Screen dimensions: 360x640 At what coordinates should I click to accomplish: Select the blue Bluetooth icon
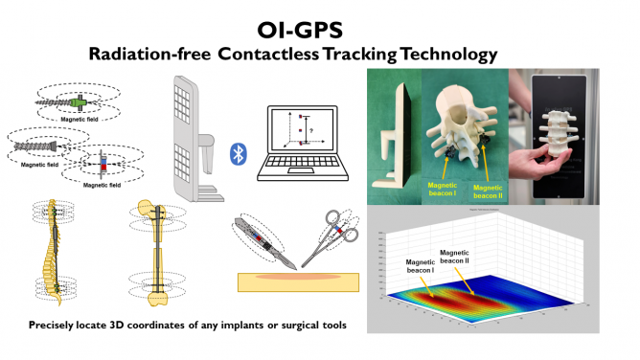(x=236, y=154)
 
